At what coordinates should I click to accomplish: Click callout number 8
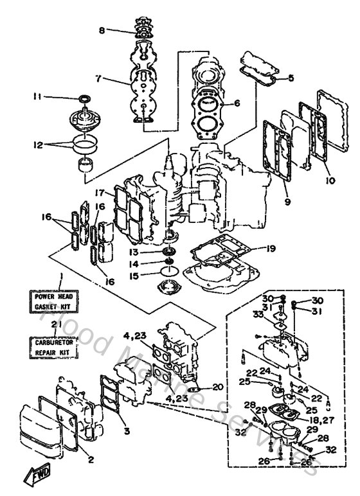pos(102,30)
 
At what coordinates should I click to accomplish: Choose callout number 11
pos(37,97)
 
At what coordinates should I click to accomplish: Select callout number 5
pos(291,78)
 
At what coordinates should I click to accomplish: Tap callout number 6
pos(237,103)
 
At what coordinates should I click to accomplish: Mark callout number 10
pos(330,181)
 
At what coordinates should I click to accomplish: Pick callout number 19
pos(271,247)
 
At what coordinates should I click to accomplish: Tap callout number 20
pos(217,387)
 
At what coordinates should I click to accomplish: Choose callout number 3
pos(127,430)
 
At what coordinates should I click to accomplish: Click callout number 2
pos(90,459)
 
